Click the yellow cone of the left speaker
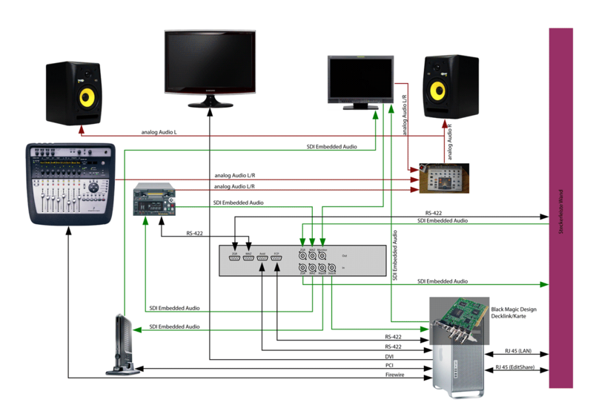tap(87, 97)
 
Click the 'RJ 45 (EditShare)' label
tap(519, 367)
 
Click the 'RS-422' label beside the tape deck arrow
tap(195, 234)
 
